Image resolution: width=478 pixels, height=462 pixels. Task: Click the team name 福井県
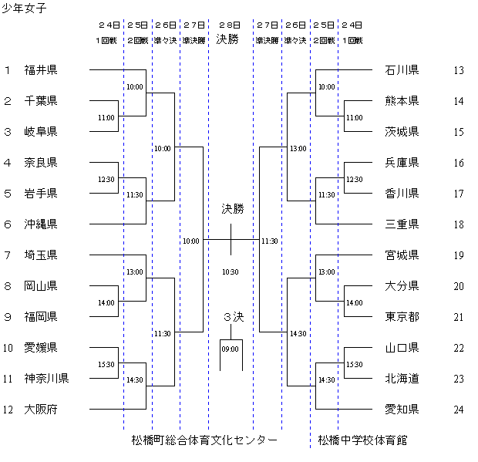41,70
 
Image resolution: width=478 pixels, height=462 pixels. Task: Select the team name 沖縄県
41,224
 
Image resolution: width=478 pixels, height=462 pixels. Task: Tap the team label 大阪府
41,410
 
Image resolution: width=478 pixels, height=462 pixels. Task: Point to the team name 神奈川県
46,379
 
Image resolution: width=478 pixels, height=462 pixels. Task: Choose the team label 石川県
402,70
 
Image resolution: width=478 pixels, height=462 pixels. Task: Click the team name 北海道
402,379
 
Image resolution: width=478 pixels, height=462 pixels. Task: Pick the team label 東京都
402,317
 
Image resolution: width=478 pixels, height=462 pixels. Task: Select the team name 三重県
402,224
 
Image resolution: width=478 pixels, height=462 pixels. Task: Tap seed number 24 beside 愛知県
459,410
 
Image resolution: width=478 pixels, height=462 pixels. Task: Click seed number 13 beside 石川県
459,70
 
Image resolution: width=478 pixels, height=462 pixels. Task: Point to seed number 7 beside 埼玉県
7,255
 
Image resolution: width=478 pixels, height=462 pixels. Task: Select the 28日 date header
231,24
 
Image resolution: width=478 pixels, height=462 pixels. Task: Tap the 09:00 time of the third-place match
231,349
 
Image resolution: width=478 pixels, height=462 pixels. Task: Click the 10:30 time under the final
231,271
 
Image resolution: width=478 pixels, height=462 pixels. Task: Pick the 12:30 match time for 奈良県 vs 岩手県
106,179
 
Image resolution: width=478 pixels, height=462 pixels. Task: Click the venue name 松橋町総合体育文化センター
204,440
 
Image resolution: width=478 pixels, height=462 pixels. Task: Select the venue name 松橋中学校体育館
362,440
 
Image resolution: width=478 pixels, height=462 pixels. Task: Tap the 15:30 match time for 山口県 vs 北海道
355,364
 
